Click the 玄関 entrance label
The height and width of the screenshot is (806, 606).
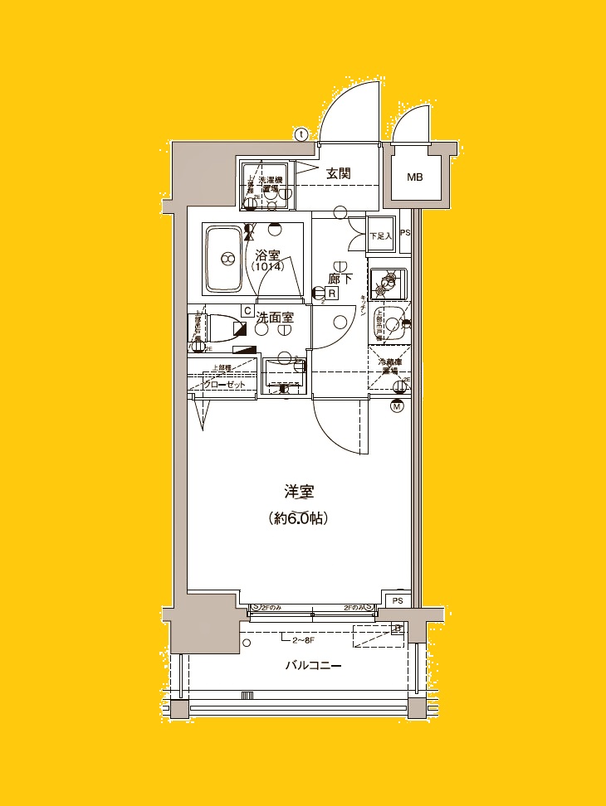point(338,173)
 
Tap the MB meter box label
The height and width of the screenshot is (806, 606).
point(414,177)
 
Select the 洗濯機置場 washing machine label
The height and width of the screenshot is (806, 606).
point(271,184)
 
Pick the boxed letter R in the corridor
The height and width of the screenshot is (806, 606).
point(331,293)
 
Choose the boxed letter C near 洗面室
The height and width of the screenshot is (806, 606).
point(247,310)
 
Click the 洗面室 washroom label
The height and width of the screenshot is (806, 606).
point(274,317)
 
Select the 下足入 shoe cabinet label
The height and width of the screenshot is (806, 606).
point(380,236)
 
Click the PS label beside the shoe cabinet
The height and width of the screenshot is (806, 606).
point(405,234)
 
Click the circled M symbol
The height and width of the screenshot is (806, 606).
point(397,405)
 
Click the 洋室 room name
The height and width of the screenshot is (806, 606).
point(299,492)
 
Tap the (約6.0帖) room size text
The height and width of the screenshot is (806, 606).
point(299,519)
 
